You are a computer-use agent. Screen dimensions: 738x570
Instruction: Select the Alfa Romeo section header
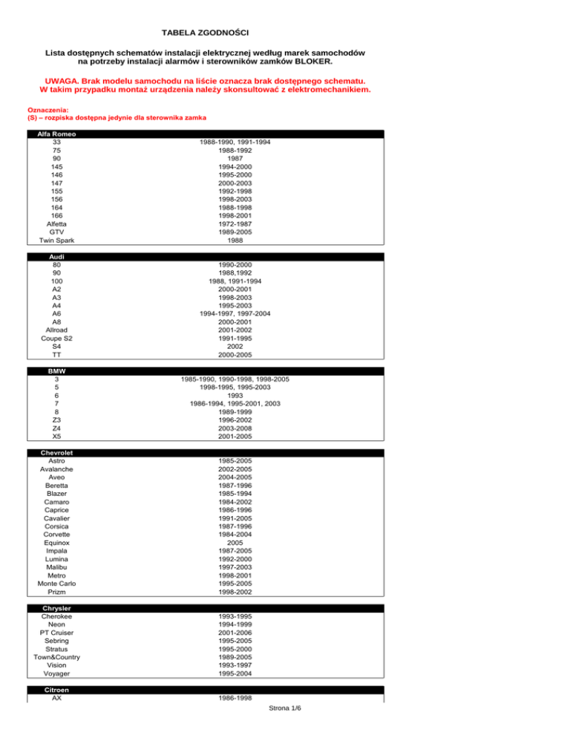56,134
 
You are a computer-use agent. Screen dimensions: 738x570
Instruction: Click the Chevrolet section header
56,453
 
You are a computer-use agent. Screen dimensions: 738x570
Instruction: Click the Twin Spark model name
56,241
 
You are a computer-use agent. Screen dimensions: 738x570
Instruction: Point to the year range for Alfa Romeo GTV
235,232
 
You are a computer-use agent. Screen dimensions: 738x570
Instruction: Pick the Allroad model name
56,330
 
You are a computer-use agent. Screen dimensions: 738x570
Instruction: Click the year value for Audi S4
235,347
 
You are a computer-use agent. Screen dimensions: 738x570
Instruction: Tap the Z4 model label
56,428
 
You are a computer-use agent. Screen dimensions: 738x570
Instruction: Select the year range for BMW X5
235,437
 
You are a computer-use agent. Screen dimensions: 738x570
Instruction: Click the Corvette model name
56,534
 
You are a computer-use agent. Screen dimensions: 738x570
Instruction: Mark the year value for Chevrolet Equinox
235,543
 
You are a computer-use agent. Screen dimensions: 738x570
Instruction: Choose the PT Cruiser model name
56,633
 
